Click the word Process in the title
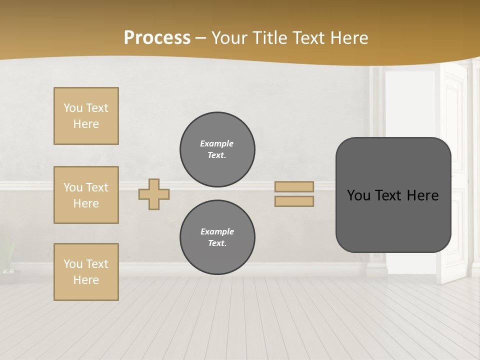(x=157, y=38)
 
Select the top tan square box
(x=86, y=116)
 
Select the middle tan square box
(x=86, y=195)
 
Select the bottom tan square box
(x=86, y=272)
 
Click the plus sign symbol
(x=154, y=194)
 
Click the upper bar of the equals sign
(x=294, y=186)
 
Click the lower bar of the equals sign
(x=294, y=201)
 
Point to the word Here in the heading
(x=346, y=38)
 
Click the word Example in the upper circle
(x=217, y=143)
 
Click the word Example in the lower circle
(x=217, y=231)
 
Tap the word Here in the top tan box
(x=86, y=124)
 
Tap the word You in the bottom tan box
(x=73, y=264)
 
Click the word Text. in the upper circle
(x=217, y=155)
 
